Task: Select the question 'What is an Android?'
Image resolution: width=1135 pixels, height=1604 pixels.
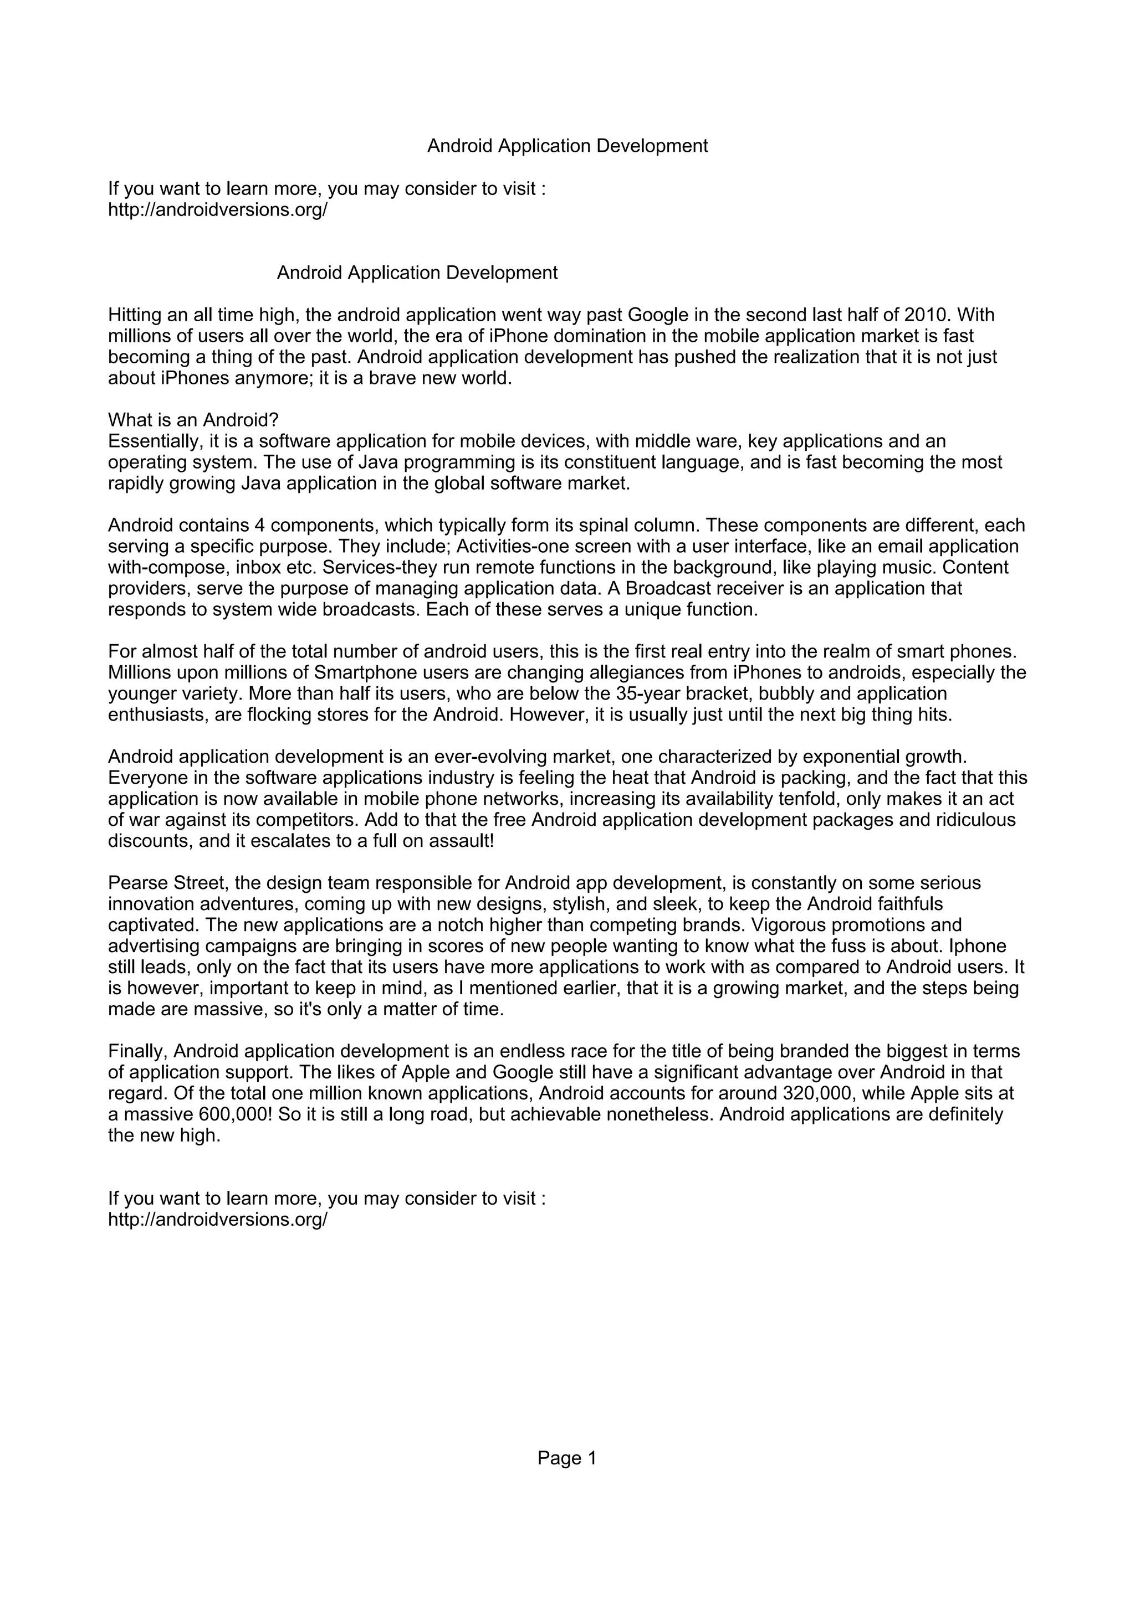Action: [x=193, y=420]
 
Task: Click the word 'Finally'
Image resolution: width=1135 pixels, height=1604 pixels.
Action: [x=137, y=1051]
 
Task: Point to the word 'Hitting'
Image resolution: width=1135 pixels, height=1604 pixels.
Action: [x=134, y=315]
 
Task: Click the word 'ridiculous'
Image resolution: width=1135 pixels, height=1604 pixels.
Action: [x=972, y=820]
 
